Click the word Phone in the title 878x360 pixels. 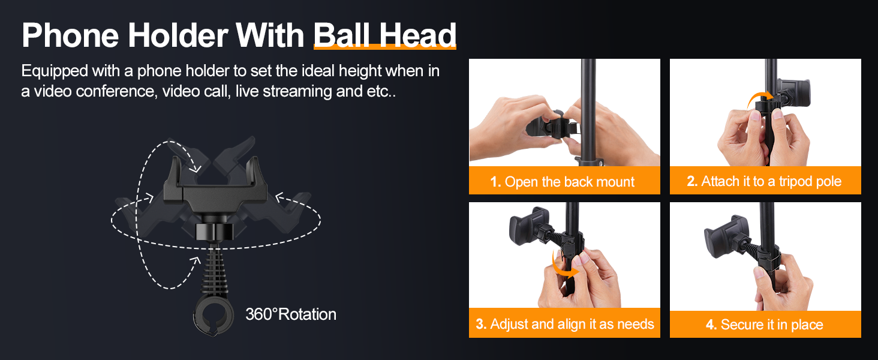70,35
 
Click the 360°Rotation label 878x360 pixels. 291,314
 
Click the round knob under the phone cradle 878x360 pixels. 215,232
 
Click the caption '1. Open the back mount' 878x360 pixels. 563,182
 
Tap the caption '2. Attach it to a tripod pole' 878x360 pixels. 764,181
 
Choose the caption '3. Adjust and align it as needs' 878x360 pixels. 565,324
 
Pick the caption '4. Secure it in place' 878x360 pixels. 764,325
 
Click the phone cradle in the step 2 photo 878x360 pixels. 793,92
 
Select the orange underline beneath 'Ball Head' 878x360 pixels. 385,47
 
